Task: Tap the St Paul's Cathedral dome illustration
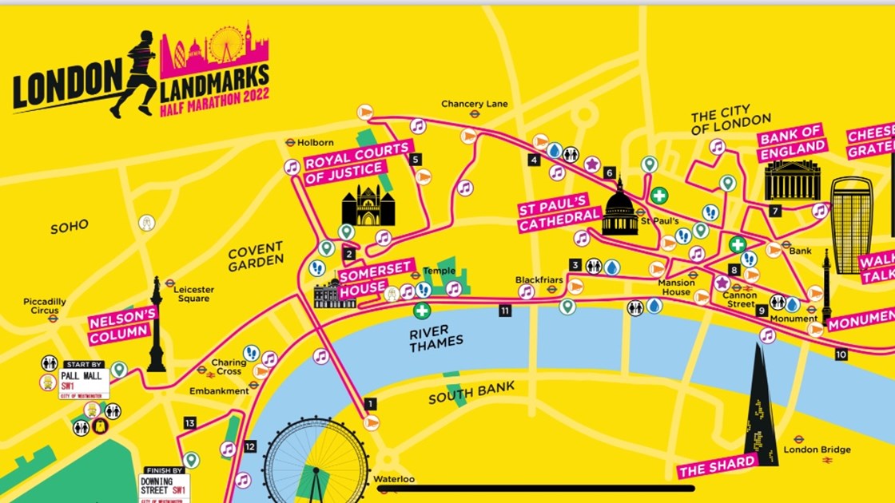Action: click(619, 208)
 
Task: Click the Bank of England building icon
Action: click(793, 180)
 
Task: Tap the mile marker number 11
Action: click(504, 311)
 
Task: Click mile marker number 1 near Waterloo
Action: click(370, 404)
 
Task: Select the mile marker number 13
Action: click(189, 423)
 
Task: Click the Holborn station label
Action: click(314, 143)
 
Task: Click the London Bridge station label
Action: click(817, 450)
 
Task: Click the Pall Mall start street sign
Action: click(84, 383)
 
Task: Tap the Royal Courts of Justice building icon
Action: click(368, 206)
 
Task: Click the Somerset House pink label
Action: click(364, 281)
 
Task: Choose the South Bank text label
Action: click(471, 393)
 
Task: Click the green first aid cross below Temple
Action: click(421, 311)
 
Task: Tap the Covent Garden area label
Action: click(256, 255)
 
